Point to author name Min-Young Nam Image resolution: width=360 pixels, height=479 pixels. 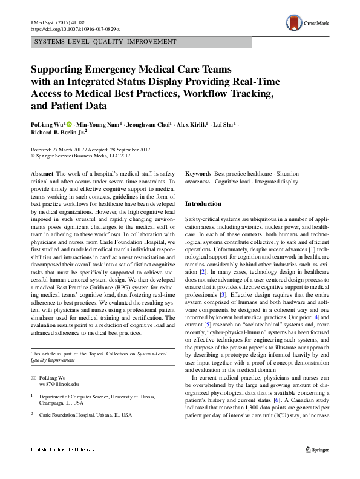[x=100, y=124]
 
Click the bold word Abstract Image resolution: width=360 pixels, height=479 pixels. [x=42, y=173]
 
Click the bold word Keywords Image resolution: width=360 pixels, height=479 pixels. [x=198, y=173]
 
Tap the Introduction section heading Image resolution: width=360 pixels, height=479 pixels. [x=203, y=204]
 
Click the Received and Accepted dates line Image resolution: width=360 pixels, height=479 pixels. [x=88, y=149]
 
